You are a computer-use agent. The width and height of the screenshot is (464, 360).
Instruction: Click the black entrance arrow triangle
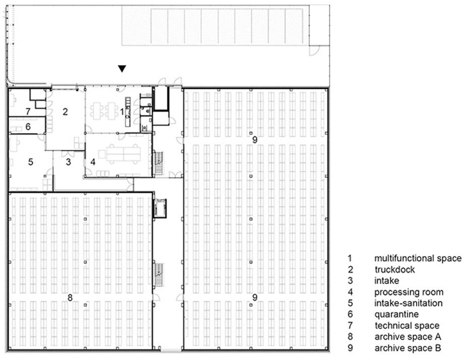point(122,69)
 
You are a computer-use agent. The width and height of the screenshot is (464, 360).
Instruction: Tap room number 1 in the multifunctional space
point(121,111)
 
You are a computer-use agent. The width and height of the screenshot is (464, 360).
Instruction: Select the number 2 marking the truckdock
point(65,111)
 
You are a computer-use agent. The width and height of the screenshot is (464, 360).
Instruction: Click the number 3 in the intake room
point(69,162)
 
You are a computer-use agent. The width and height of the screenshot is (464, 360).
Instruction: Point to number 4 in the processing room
point(93,162)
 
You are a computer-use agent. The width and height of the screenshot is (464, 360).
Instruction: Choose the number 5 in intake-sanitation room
point(30,162)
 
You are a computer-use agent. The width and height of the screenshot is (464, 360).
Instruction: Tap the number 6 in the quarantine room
point(28,127)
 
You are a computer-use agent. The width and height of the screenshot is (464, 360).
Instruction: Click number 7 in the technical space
point(28,111)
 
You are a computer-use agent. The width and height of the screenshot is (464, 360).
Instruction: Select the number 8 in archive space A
point(70,297)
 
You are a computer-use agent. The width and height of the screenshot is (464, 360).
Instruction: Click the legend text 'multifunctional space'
point(418,259)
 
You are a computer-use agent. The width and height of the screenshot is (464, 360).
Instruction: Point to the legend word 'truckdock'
point(395,270)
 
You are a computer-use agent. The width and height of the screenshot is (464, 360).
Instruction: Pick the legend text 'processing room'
point(409,292)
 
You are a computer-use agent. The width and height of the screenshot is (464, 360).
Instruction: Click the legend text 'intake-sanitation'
point(409,303)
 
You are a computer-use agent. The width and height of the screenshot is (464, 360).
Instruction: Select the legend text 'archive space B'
point(408,348)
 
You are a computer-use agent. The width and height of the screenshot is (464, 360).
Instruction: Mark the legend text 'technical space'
point(407,326)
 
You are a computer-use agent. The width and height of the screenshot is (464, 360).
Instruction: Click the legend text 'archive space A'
point(408,337)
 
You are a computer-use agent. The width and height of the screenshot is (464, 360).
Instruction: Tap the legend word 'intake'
point(387,281)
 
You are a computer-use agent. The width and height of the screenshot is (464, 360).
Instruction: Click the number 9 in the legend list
point(350,348)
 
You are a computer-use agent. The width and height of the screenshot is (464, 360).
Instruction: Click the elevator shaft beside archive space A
point(160,208)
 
